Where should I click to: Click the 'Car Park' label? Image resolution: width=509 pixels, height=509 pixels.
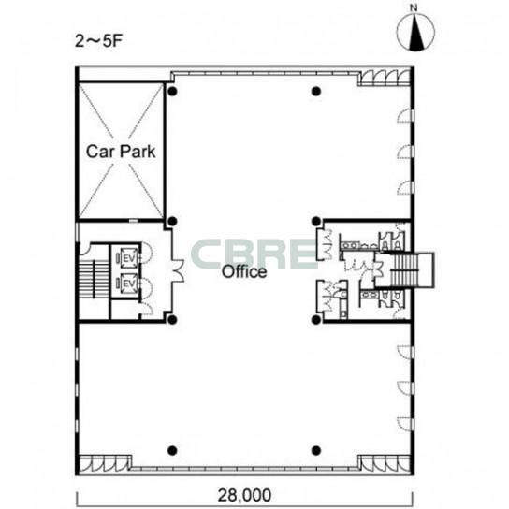pos(121,152)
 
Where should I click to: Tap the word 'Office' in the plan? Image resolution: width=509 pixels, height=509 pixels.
pos(244,271)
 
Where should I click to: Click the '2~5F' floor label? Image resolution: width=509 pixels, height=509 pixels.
pos(98,41)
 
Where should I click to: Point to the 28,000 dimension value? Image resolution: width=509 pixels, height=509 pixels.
pos(244,495)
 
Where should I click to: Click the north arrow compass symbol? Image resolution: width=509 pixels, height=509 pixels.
pos(415,33)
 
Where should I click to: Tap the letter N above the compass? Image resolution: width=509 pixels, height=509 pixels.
pos(414,7)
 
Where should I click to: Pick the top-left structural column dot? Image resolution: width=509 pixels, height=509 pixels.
pos(172,91)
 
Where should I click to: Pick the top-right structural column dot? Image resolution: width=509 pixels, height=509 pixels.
pos(316,91)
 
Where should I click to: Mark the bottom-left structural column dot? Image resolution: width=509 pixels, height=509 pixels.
pos(172,450)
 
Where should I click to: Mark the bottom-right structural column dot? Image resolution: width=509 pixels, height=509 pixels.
pos(316,450)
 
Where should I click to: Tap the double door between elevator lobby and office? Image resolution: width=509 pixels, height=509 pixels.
pos(178,270)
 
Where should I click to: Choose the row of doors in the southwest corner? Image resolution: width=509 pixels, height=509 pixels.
pos(105,463)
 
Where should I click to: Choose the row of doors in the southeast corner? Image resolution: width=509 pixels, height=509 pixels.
pos(385,463)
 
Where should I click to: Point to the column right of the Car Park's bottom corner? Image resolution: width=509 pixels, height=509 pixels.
pos(172,222)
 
